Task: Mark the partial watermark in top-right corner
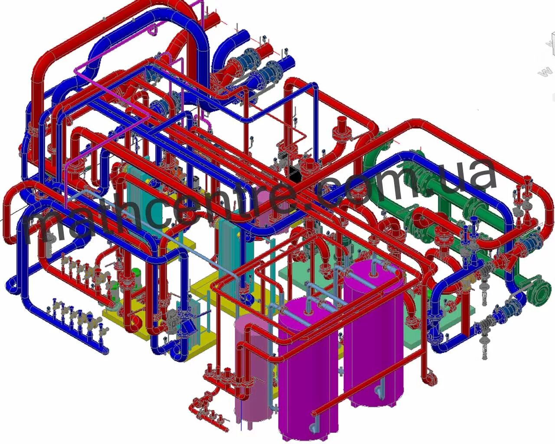[547, 56]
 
